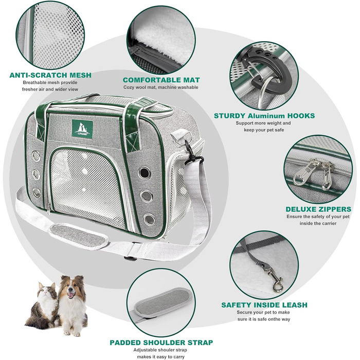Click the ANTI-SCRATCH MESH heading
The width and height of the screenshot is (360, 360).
(50, 75)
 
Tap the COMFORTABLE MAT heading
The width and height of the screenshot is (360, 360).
(161, 80)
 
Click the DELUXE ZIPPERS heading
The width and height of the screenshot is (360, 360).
(318, 209)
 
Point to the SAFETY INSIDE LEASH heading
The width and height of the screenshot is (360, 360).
(264, 305)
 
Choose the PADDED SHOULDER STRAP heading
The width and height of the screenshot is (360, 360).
(161, 343)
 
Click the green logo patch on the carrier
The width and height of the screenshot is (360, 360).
(82, 129)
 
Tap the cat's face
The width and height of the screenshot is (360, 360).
(47, 291)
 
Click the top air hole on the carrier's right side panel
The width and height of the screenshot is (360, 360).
(144, 173)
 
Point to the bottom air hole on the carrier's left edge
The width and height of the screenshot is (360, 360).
(37, 193)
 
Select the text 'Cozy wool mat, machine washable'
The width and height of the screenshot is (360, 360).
(160, 87)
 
